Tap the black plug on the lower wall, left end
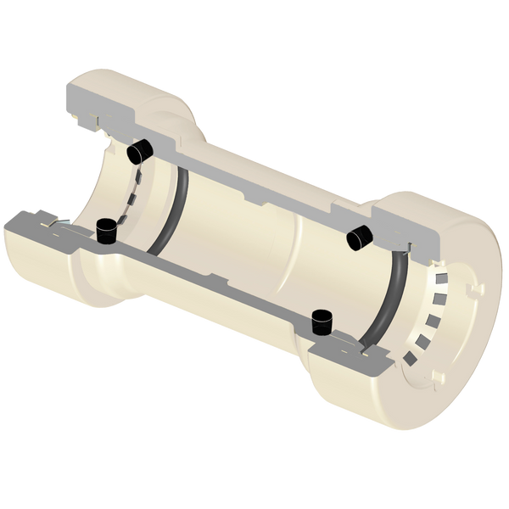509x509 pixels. [107, 229]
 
